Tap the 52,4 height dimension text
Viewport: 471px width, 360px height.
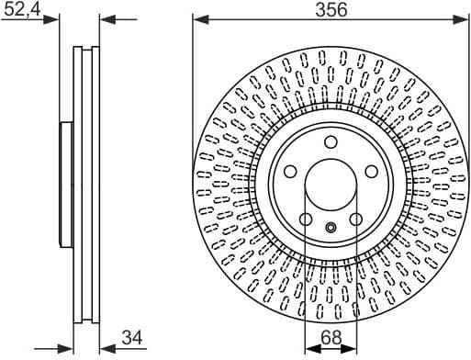(x=23, y=10)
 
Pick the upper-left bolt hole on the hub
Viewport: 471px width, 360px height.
(x=290, y=172)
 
